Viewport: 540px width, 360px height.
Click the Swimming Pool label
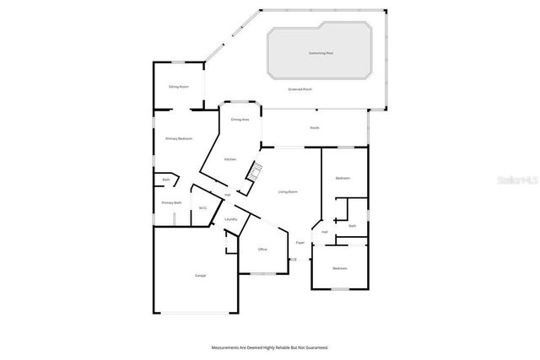pos(321,52)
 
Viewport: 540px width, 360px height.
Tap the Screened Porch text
pos(300,89)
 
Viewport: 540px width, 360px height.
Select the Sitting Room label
pos(178,86)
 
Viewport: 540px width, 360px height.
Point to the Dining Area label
pos(240,120)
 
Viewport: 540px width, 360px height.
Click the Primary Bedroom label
pos(178,138)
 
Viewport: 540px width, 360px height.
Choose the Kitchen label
pos(229,159)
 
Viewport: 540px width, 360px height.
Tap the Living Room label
pos(288,191)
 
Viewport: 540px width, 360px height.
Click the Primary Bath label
pos(172,202)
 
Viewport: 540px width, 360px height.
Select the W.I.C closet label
pos(202,208)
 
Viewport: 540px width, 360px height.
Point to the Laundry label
pos(229,219)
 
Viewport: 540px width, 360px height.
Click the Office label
pos(262,250)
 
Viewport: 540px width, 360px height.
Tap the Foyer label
pos(300,244)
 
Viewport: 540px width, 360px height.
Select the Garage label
pos(200,276)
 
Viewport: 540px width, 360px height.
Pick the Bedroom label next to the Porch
pos(343,178)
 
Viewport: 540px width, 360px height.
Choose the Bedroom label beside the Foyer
pos(339,268)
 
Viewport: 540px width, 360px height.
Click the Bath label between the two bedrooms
pos(353,225)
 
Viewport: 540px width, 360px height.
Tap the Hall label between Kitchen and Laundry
pos(227,196)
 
